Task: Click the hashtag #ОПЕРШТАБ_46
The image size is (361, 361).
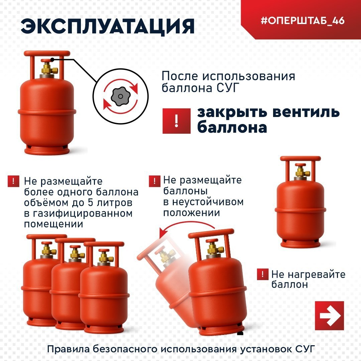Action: tap(302, 20)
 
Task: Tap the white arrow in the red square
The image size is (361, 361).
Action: tap(329, 316)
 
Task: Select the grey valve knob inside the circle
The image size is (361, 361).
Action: tap(120, 97)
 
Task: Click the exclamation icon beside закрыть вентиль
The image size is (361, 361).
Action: tap(176, 121)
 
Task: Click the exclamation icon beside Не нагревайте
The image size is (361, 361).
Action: tap(263, 275)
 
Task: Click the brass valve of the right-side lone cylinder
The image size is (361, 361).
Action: tap(300, 172)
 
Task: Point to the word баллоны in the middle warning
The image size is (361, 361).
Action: tap(185, 191)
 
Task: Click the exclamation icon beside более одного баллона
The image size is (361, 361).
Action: tap(13, 182)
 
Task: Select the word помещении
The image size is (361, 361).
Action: tap(53, 224)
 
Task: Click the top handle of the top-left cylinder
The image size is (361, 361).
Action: tap(47, 53)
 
